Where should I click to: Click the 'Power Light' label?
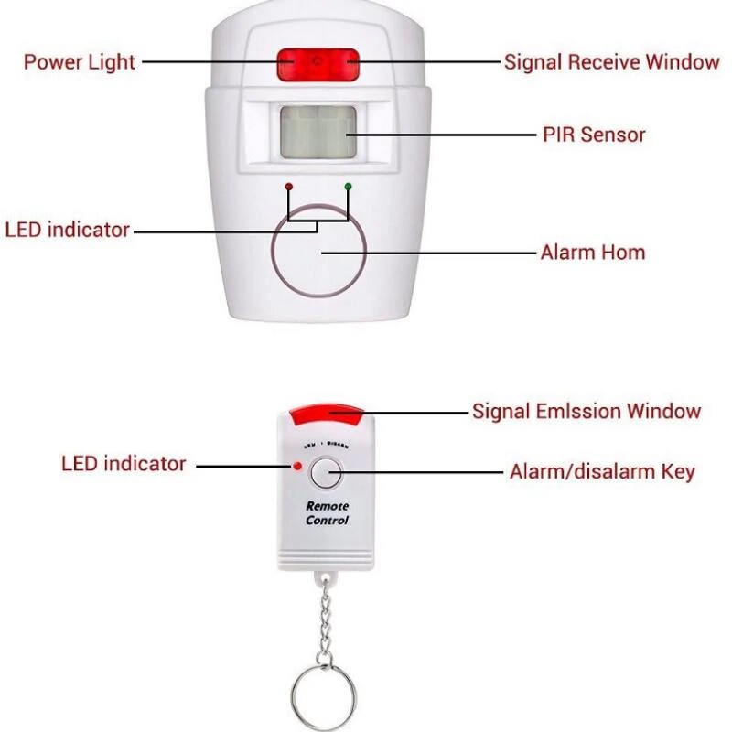(x=79, y=62)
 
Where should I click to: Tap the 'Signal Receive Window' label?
(x=612, y=62)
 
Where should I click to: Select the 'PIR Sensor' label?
(x=594, y=135)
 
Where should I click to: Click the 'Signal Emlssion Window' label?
(x=587, y=411)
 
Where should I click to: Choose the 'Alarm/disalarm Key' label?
(x=602, y=472)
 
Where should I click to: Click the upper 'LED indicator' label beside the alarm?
(x=68, y=230)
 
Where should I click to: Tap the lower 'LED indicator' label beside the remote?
(x=124, y=463)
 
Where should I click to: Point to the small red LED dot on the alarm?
(x=289, y=187)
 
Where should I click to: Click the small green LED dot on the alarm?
(x=348, y=187)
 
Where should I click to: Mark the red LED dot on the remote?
(x=298, y=466)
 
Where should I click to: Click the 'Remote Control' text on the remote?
(x=327, y=513)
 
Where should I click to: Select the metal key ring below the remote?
(x=326, y=690)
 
